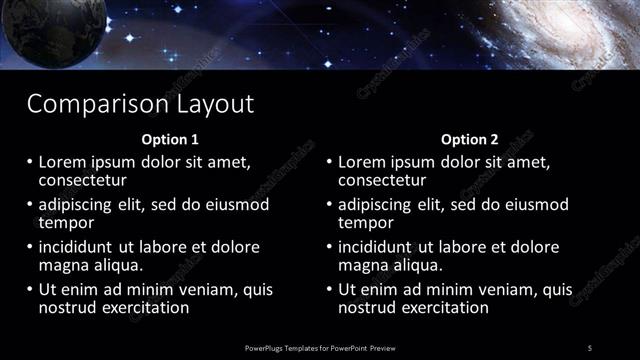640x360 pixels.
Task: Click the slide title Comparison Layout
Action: (x=140, y=103)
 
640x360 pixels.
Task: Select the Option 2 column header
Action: (x=470, y=139)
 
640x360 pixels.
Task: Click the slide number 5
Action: (x=590, y=347)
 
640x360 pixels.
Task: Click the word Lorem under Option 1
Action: (x=62, y=161)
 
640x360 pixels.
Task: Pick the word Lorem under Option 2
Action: (x=362, y=161)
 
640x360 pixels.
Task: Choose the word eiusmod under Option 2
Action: (x=533, y=204)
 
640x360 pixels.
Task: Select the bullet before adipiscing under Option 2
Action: (x=329, y=204)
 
